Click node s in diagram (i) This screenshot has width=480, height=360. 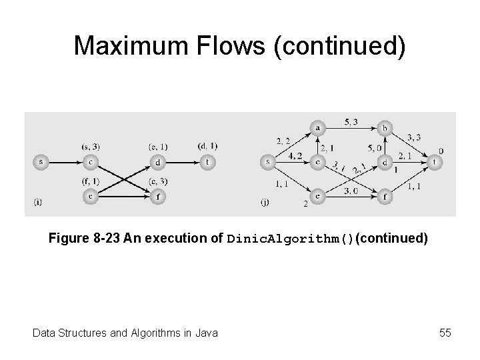pyautogui.click(x=41, y=161)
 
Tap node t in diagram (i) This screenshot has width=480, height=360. pyautogui.click(x=209, y=161)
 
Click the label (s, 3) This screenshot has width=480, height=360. pyautogui.click(x=90, y=146)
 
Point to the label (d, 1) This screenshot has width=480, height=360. pyautogui.click(x=207, y=146)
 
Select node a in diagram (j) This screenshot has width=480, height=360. pyautogui.click(x=317, y=127)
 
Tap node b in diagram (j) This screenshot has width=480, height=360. pyautogui.click(x=384, y=127)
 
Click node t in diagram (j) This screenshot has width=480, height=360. pyautogui.click(x=435, y=161)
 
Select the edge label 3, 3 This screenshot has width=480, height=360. pyautogui.click(x=414, y=137)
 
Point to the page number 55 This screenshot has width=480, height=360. pyautogui.click(x=445, y=332)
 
